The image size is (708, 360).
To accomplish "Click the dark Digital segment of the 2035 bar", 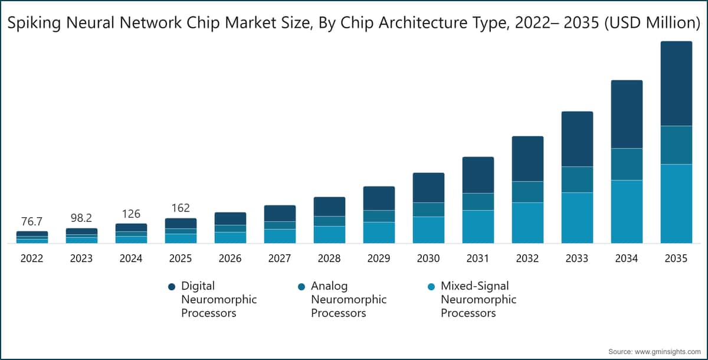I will pos(676,83).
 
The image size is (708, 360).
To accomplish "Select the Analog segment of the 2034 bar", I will pos(626,164).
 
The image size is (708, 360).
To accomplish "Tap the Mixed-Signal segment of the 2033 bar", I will pos(576,217).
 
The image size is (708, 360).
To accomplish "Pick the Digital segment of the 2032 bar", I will pos(527,158).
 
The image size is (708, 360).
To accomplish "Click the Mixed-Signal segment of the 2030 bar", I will pos(428,230).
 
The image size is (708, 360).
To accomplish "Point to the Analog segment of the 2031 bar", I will pos(478,201).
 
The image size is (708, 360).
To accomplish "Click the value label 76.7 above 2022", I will pos(32,222).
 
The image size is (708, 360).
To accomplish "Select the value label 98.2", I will pos(81,218).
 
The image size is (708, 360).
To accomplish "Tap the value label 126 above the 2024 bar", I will pos(131,214).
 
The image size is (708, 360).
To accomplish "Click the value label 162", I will pos(181,208).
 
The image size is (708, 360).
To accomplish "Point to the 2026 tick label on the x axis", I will pos(230,258).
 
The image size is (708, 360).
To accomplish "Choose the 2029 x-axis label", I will pos(379,258).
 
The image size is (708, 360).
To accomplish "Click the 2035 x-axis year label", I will pos(676,258).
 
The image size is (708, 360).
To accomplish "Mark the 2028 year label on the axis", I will pos(329,258).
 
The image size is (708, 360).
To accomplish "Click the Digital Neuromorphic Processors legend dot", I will pos(172,286).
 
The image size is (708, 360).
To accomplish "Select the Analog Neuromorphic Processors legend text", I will pos(348,299).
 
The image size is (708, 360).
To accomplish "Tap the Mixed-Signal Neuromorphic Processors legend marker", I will pos(431,286).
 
